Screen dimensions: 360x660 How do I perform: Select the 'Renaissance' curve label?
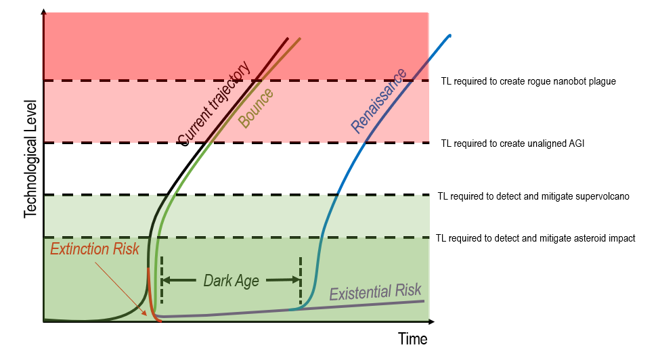378,100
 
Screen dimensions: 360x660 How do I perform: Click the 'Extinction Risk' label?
95,248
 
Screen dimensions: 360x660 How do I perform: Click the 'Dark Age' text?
231,280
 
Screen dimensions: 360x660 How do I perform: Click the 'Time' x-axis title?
412,339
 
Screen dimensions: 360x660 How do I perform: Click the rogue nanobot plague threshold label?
528,81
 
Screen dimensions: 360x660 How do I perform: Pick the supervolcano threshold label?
533,196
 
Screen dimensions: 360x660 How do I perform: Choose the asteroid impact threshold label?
535,238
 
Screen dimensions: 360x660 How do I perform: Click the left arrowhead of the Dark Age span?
167,279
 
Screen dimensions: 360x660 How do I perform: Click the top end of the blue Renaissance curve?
449,36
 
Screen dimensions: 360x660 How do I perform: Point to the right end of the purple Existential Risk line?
423,300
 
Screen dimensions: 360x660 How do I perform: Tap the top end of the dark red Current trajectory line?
288,39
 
